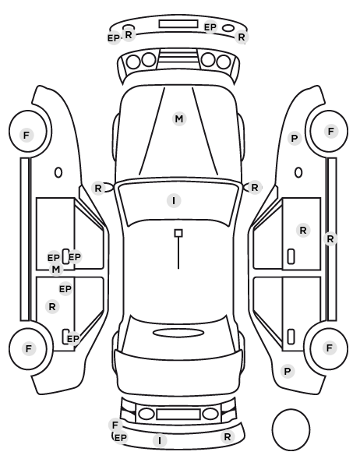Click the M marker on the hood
[x=179, y=119]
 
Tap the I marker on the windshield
[x=174, y=200]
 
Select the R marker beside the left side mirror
[x=98, y=188]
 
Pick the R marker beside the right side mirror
[x=255, y=188]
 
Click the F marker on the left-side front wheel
[x=26, y=136]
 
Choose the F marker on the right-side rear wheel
[x=329, y=348]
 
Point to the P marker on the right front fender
[x=295, y=139]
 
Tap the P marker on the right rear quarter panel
[x=288, y=371]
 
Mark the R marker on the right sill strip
[x=330, y=238]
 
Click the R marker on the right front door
[x=303, y=231]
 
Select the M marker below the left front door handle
[x=56, y=270]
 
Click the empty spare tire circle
[x=291, y=429]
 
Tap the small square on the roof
[x=178, y=233]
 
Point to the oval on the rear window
[x=178, y=334]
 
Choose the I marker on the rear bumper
[x=160, y=440]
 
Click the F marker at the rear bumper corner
[x=115, y=425]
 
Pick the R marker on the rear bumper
[x=228, y=437]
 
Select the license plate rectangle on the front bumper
[x=178, y=24]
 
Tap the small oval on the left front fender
[x=58, y=172]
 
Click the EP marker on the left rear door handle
[x=73, y=339]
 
